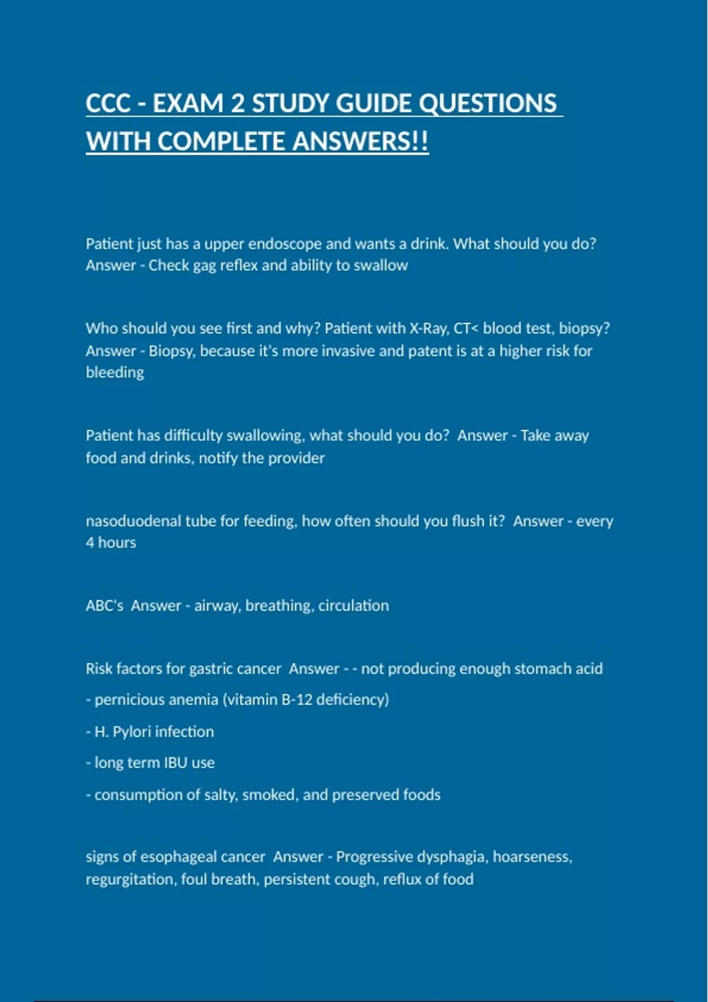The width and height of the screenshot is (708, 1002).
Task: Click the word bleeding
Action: (x=115, y=373)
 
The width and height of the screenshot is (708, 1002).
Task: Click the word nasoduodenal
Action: (x=133, y=521)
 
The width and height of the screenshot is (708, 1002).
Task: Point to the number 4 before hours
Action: (x=90, y=543)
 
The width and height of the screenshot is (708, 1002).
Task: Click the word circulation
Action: (x=353, y=606)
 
